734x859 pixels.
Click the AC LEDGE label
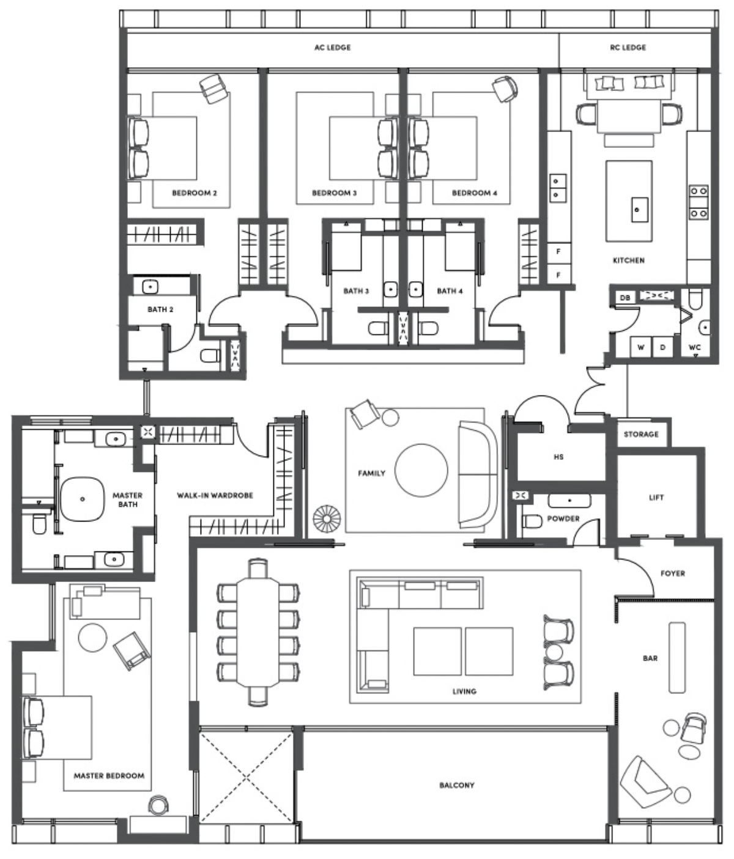point(332,47)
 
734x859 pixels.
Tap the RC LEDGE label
point(628,47)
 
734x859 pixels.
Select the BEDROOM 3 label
point(334,193)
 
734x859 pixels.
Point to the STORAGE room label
point(641,434)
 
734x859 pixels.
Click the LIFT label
point(656,498)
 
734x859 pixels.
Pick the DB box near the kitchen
point(625,298)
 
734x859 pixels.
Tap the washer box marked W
point(640,347)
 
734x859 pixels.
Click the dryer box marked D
point(662,347)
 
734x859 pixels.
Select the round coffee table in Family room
point(421,470)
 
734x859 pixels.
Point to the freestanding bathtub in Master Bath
point(83,499)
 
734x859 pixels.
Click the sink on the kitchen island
point(636,210)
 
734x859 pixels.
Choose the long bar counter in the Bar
point(677,657)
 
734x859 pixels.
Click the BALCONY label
point(457,785)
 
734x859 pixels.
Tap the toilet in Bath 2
point(210,356)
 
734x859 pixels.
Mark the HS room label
point(558,457)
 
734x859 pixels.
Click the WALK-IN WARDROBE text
point(215,495)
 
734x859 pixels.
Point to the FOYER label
point(672,573)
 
